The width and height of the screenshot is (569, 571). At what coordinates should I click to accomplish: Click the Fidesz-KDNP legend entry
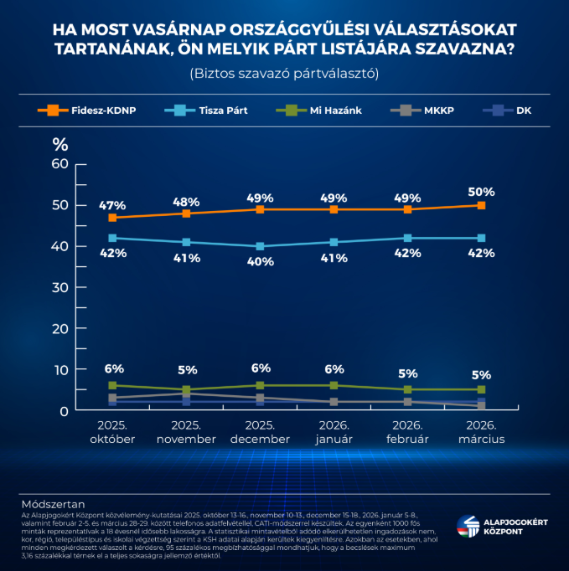tap(89, 110)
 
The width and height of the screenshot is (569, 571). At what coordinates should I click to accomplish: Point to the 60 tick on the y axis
tap(59, 164)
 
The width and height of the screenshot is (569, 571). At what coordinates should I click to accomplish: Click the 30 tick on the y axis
tap(59, 287)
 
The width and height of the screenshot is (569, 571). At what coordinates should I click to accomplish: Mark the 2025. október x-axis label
tap(112, 433)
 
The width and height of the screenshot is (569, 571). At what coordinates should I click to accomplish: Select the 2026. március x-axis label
tap(481, 433)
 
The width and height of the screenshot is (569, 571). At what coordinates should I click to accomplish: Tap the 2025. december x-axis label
tap(260, 433)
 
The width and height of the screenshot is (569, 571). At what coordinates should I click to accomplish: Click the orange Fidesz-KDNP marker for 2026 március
tap(481, 205)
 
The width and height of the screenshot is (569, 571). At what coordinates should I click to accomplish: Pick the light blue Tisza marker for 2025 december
tap(260, 246)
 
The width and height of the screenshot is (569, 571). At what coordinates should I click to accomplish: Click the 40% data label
tap(261, 261)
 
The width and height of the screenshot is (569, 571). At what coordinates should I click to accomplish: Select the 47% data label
tap(112, 204)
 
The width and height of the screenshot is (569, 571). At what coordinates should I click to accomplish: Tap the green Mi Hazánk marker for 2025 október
tap(112, 386)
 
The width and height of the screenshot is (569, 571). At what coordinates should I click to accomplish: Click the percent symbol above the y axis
tap(59, 143)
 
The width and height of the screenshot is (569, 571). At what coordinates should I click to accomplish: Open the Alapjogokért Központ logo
tap(501, 528)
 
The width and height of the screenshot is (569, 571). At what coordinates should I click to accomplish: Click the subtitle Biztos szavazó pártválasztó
tap(285, 74)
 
